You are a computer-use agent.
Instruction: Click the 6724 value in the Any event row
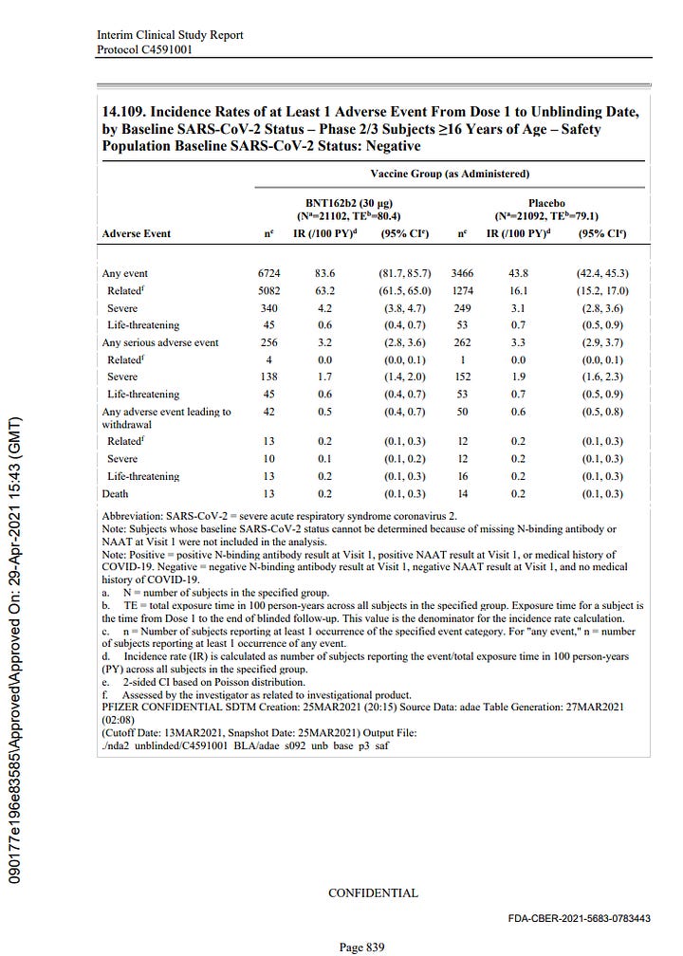[x=269, y=273]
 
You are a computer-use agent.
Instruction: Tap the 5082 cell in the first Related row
[x=269, y=290]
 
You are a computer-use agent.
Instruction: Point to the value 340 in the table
[x=269, y=308]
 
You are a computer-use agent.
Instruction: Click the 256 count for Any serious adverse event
[x=269, y=342]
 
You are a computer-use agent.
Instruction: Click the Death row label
[x=116, y=493]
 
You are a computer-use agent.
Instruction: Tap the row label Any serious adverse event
[x=160, y=342]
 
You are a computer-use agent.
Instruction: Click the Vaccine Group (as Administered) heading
[x=450, y=175]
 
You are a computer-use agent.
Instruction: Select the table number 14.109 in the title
[x=130, y=113]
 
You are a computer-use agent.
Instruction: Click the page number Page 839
[x=361, y=946]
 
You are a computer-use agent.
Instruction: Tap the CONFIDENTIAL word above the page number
[x=372, y=892]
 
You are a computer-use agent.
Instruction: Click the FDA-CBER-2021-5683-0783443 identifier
[x=576, y=919]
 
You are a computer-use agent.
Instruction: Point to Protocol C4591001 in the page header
[x=144, y=49]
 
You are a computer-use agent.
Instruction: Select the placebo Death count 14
[x=461, y=493]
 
